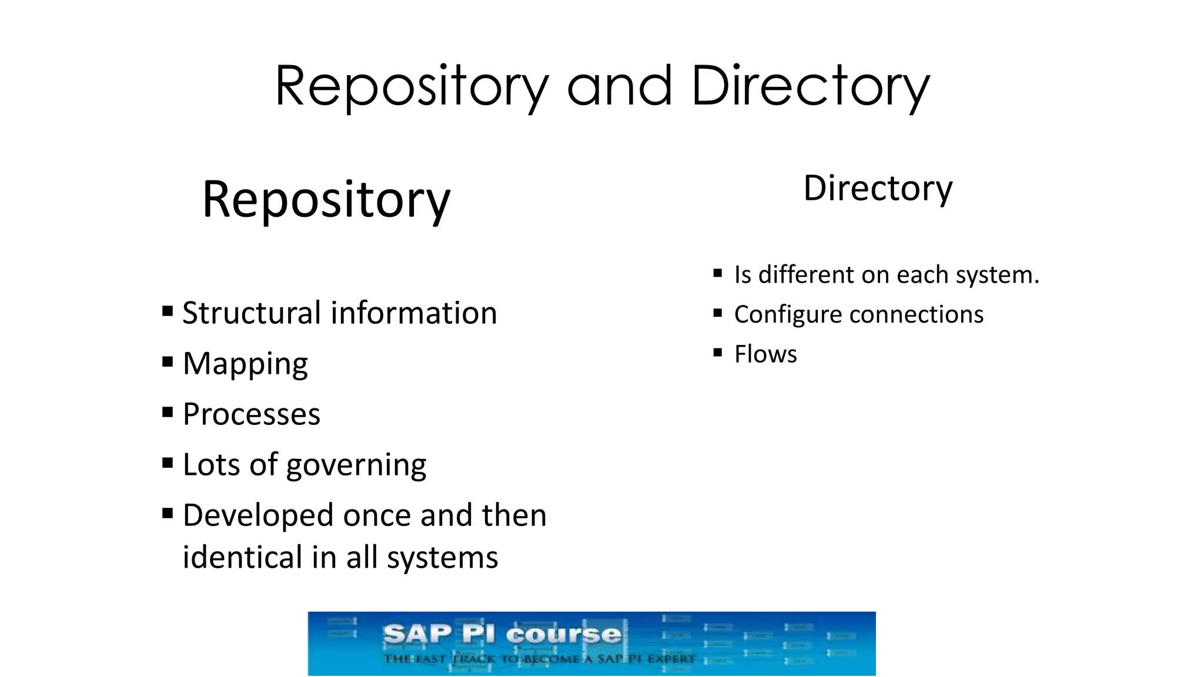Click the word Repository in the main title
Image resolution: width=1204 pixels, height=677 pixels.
412,87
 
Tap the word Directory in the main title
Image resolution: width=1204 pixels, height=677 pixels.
810,87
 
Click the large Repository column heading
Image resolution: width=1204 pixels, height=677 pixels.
326,200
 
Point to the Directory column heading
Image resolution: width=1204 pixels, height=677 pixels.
878,189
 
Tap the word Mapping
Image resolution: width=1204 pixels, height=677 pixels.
245,364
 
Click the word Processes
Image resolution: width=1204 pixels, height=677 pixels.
252,414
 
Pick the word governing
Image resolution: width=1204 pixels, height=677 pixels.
356,465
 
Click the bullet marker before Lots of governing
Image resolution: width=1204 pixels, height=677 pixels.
168,462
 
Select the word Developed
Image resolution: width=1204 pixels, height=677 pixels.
258,515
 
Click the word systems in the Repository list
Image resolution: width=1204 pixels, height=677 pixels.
442,558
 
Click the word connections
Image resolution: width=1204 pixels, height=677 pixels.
918,315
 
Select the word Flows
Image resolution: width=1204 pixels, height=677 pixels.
765,354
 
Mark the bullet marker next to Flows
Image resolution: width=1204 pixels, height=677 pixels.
717,353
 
